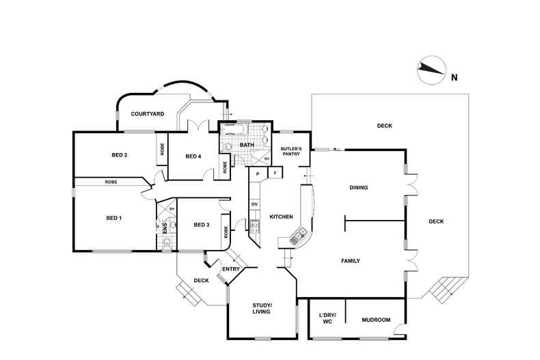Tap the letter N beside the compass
click(x=455, y=77)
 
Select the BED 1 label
click(x=113, y=218)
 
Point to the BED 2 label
click(x=120, y=155)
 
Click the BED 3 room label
click(x=201, y=225)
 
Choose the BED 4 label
click(x=193, y=156)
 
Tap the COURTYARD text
click(x=147, y=113)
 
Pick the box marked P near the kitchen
click(x=258, y=174)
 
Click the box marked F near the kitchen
click(x=275, y=174)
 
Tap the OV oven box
click(x=254, y=204)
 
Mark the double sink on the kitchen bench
click(x=299, y=238)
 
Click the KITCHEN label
click(x=281, y=217)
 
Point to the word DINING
click(x=359, y=187)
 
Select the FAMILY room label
click(x=350, y=261)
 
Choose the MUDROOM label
click(x=376, y=320)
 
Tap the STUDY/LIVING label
click(x=262, y=308)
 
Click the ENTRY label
click(x=231, y=268)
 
